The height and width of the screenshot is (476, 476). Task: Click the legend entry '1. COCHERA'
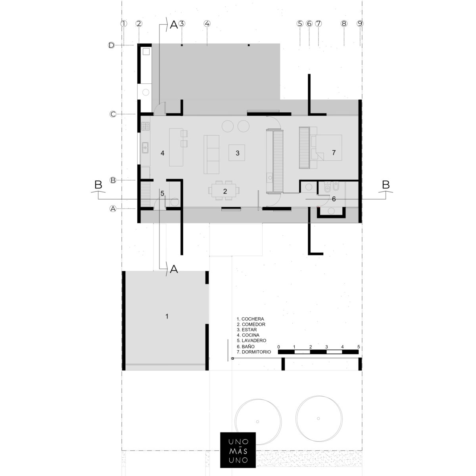click(250, 319)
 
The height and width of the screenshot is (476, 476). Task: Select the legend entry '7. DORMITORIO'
click(254, 352)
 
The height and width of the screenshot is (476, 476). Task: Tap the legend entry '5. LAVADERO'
click(251, 340)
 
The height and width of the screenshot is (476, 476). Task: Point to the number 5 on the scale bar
click(359, 347)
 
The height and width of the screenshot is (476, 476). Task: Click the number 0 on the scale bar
click(278, 347)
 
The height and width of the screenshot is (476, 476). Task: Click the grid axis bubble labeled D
click(111, 45)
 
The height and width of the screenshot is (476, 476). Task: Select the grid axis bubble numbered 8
click(344, 24)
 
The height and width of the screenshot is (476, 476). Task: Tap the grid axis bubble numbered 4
click(207, 24)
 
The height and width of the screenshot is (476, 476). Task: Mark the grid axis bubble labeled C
click(113, 114)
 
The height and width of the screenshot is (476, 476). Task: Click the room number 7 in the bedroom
click(334, 153)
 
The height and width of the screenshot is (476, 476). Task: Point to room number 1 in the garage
click(167, 316)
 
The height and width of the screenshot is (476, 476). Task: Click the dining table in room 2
click(224, 190)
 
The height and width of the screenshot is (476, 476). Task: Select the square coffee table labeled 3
click(237, 153)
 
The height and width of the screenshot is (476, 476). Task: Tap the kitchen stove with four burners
click(145, 126)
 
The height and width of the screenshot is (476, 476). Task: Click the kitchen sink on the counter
click(145, 148)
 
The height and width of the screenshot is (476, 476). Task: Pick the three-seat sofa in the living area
click(211, 154)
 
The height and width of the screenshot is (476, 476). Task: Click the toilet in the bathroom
click(327, 188)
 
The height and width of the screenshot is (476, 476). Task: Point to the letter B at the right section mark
click(386, 184)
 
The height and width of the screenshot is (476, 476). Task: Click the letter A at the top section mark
click(174, 25)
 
